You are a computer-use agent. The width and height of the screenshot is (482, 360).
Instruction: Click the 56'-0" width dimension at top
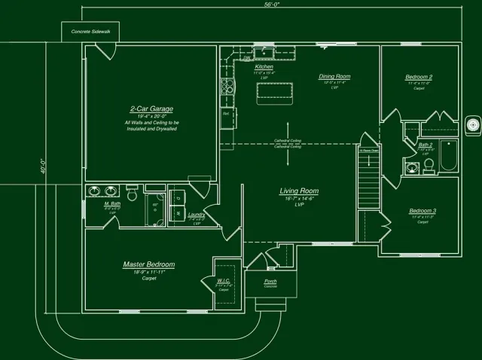point(272,5)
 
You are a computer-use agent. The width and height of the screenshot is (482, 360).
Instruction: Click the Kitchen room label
point(264,67)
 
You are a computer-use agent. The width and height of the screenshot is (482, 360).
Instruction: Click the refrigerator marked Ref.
point(227,117)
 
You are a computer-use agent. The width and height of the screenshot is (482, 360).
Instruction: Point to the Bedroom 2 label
point(419,77)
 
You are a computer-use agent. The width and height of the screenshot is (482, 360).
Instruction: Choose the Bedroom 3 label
point(423,210)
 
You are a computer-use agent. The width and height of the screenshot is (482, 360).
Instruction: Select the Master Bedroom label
point(149,264)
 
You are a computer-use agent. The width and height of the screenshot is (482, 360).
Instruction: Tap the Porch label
point(270,282)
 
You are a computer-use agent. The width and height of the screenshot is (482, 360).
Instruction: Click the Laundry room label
point(197,214)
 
